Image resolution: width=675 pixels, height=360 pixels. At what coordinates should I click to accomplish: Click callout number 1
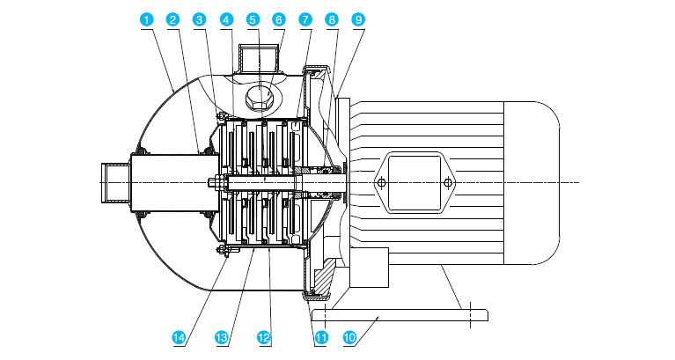pos(146,18)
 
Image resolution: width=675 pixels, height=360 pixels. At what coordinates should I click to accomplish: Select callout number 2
pos(172,18)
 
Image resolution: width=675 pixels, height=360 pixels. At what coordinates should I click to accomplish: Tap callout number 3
pos(200,18)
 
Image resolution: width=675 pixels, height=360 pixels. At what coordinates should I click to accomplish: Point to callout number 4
pos(227,18)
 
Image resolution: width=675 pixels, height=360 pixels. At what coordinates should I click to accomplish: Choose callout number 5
pos(253,18)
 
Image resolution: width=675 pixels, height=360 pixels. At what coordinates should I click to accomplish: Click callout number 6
pos(279,18)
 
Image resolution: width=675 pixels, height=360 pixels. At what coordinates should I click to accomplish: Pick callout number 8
pos(331,18)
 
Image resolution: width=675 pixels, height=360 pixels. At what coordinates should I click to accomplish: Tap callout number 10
pos(349,336)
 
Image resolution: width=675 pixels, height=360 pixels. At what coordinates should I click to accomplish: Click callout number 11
pos(321,336)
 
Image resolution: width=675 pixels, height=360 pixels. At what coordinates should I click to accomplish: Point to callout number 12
pos(263,336)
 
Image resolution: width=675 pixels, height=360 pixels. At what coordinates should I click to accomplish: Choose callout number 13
pos(222,336)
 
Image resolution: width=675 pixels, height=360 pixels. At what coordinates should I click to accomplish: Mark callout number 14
pos(180,336)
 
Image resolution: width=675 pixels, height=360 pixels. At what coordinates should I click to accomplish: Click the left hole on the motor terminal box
pos(381,183)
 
